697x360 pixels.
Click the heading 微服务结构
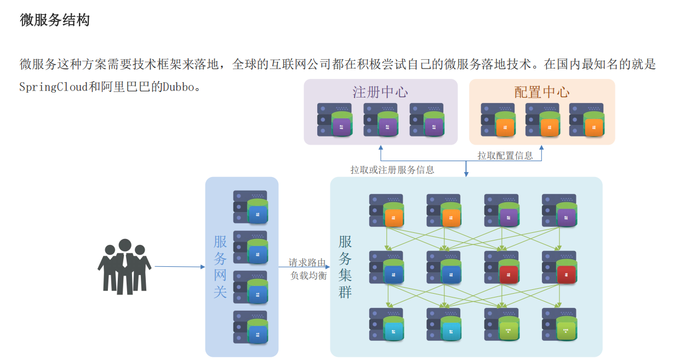pyautogui.click(x=55, y=20)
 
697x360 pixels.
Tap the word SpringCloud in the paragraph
pyautogui.click(x=54, y=87)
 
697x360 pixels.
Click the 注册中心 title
pyautogui.click(x=380, y=92)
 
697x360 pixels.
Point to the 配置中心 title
pyautogui.click(x=541, y=92)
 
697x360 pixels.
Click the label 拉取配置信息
pyautogui.click(x=505, y=156)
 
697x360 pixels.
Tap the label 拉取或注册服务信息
pyautogui.click(x=392, y=170)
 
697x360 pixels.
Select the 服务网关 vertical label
pyautogui.click(x=220, y=267)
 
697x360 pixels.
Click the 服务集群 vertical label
pyautogui.click(x=345, y=267)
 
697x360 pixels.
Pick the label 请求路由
pyautogui.click(x=307, y=262)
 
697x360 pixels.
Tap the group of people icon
pyautogui.click(x=124, y=267)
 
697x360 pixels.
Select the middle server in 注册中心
pyautogui.click(x=380, y=120)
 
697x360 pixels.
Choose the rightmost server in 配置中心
pyautogui.click(x=586, y=120)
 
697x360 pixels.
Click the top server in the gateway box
pyautogui.click(x=250, y=207)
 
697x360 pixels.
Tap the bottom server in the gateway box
pyautogui.click(x=250, y=327)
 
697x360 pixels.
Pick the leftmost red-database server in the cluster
pyautogui.click(x=501, y=267)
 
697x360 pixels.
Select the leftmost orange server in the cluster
pyautogui.click(x=386, y=210)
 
